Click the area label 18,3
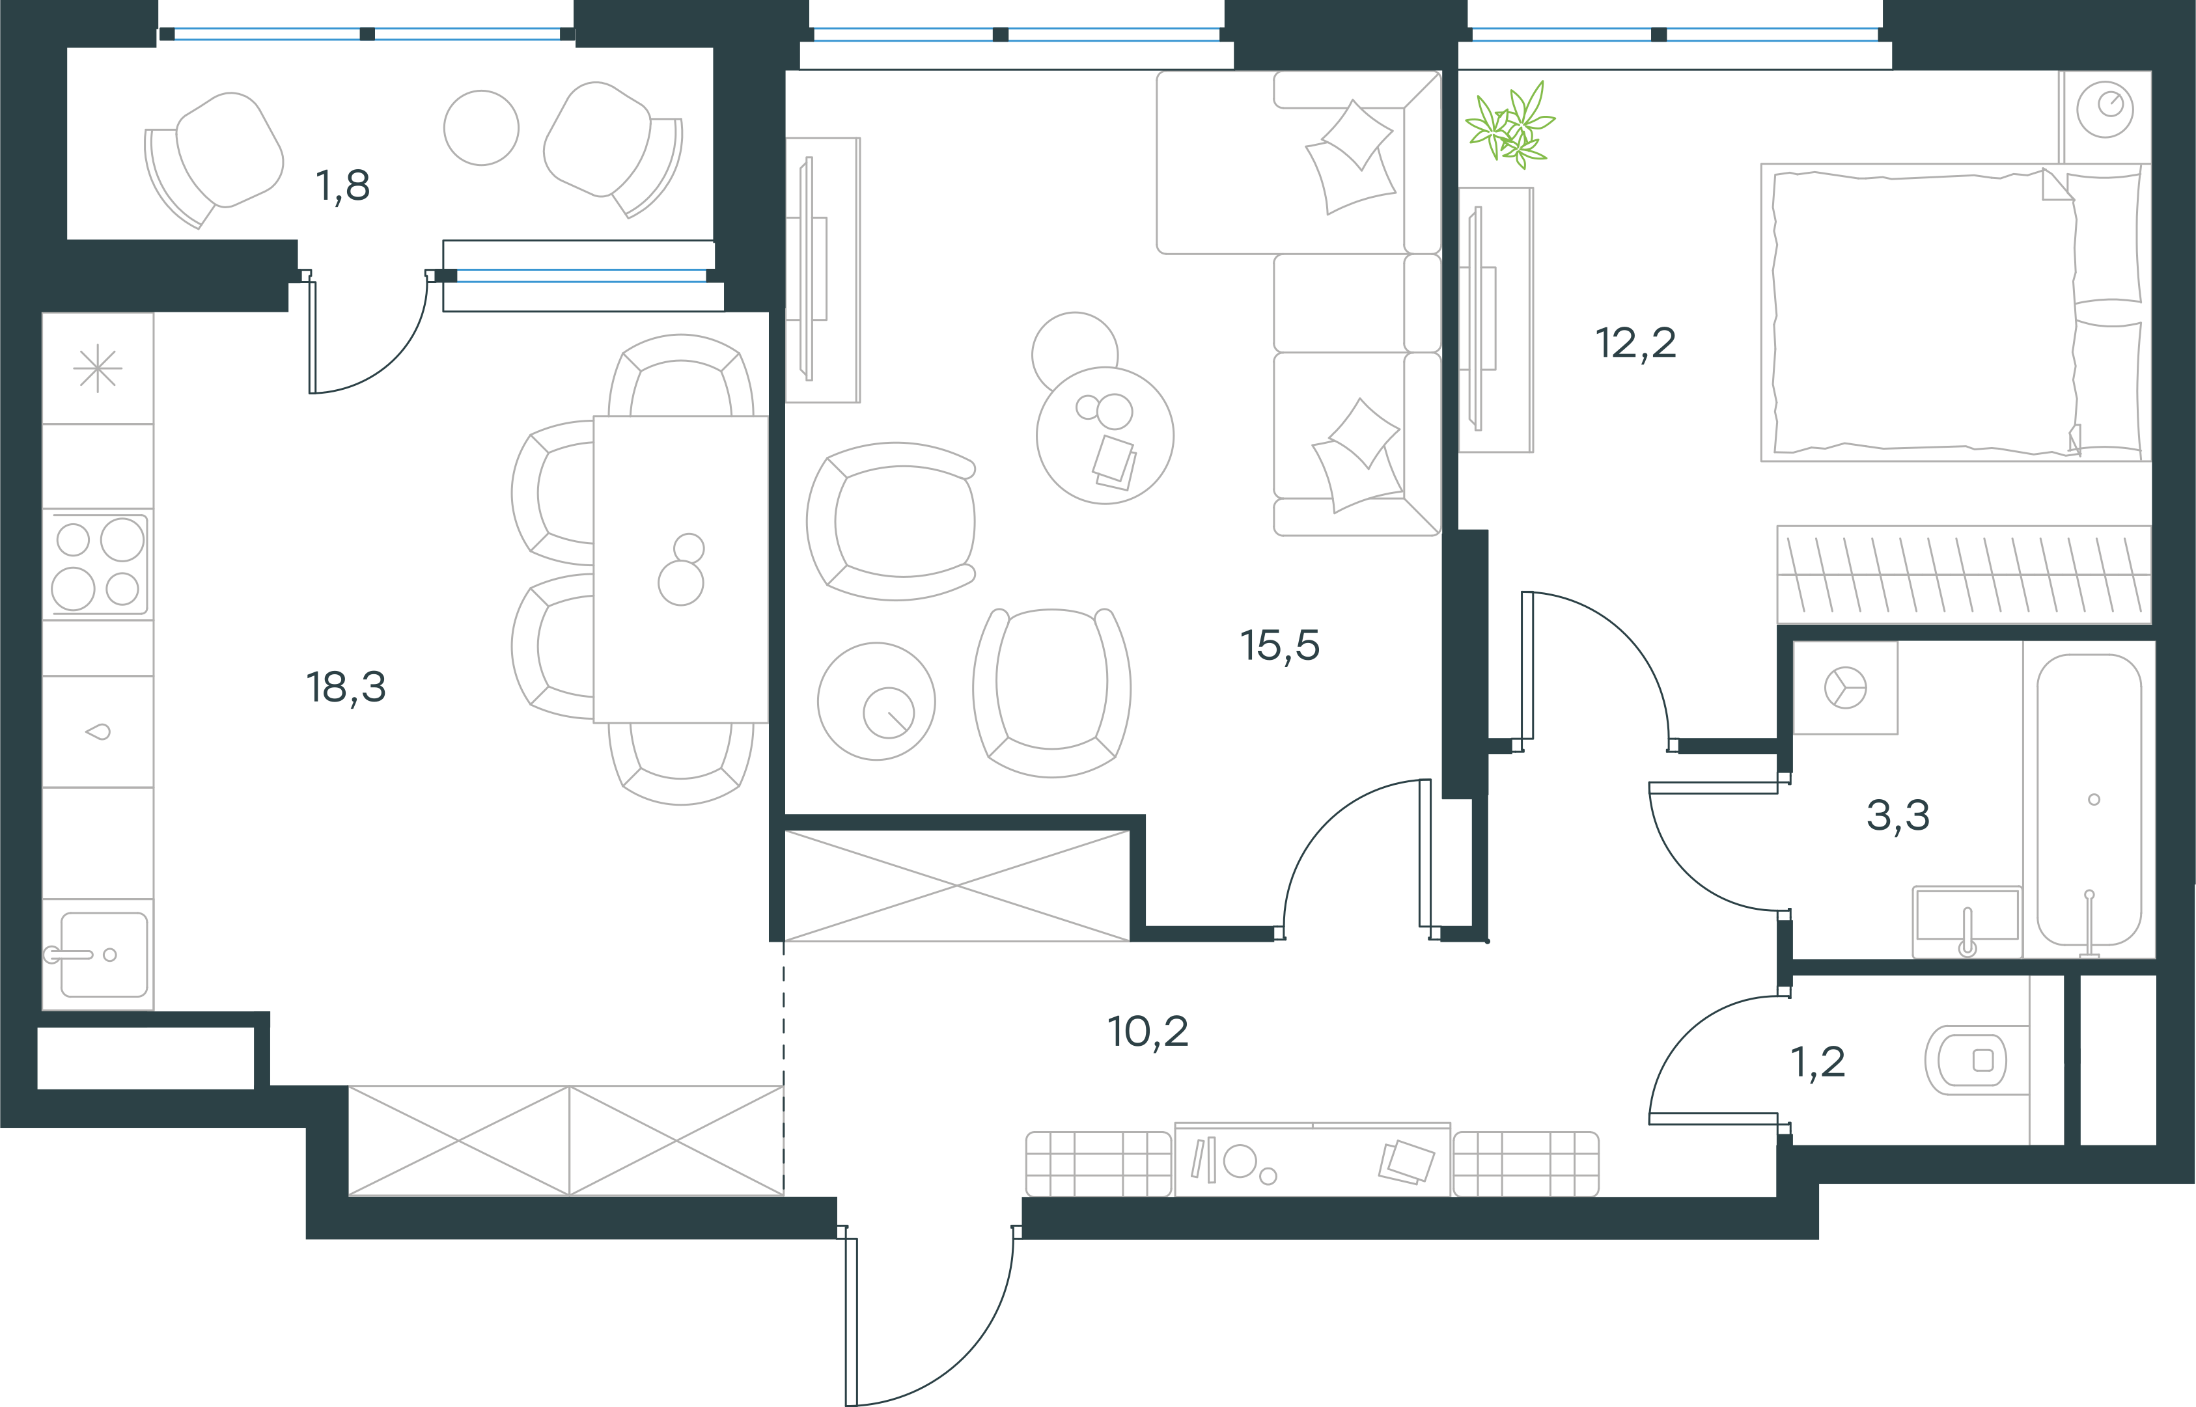(346, 687)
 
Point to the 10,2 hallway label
(1148, 1031)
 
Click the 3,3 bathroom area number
(1898, 815)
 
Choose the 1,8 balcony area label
(342, 185)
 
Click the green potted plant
(1510, 125)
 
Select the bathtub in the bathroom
(2089, 799)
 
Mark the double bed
(1956, 312)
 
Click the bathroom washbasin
(1967, 921)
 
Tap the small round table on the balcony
(482, 128)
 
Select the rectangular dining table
(681, 569)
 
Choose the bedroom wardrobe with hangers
(1964, 575)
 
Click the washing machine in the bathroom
(1845, 688)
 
